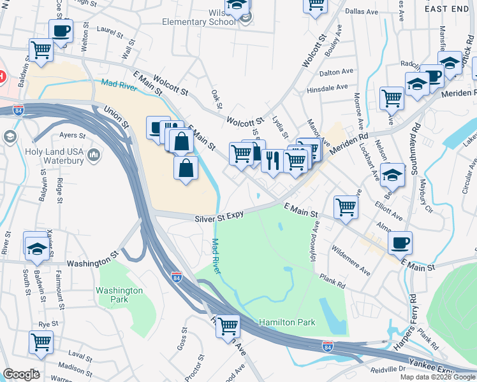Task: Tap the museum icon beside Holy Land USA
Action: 93,154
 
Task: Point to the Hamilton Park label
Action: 287,323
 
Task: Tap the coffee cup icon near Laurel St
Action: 61,30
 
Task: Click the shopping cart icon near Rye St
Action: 41,341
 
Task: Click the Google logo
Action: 21,374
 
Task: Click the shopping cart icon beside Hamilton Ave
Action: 228,325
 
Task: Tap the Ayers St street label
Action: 72,135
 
